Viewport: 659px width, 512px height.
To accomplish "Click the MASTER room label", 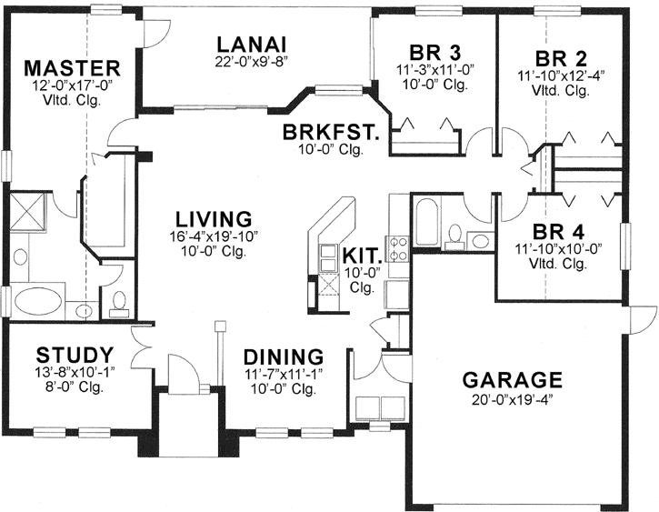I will pos(72,68).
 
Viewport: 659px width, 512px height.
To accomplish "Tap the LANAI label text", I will pos(252,45).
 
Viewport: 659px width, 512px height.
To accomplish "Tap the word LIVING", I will pos(214,219).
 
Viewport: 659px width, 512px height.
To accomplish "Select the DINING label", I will pos(284,356).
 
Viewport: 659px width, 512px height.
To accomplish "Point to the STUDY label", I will pos(75,354).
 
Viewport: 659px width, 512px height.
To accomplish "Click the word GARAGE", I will pos(511,379).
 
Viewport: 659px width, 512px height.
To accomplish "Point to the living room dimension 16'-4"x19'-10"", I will pos(214,236).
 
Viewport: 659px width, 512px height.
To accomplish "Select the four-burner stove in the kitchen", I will pos(397,244).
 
